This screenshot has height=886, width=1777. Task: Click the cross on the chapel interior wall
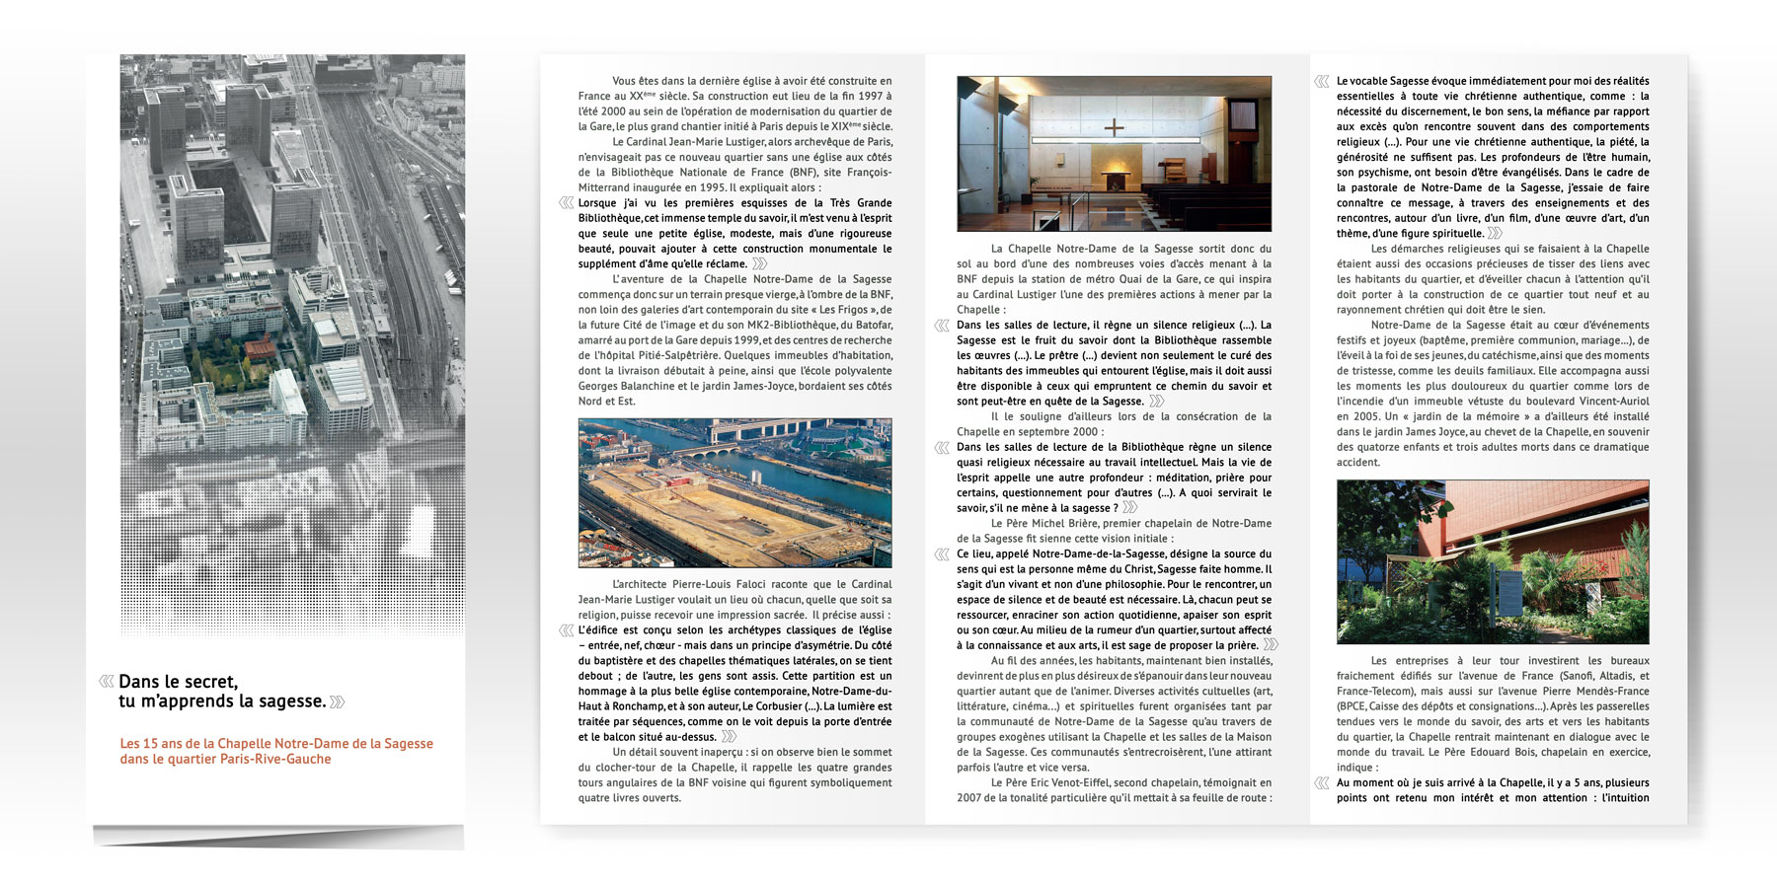1115,127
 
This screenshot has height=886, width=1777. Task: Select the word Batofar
872,325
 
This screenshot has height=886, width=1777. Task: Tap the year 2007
971,797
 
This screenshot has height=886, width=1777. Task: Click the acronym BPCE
1352,706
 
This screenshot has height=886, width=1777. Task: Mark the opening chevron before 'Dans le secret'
106,681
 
